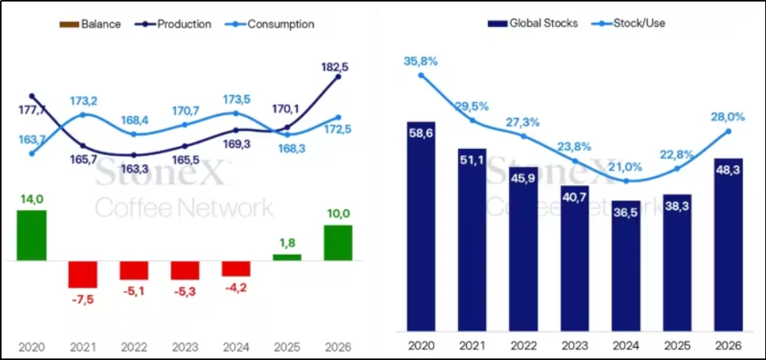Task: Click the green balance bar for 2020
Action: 31,236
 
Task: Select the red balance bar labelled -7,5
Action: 83,274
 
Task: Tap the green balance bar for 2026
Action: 338,243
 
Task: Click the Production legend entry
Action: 174,24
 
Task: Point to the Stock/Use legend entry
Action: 629,23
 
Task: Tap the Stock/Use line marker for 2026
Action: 728,131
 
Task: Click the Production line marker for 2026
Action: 338,77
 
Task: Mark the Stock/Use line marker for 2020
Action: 421,75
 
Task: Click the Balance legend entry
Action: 91,24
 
